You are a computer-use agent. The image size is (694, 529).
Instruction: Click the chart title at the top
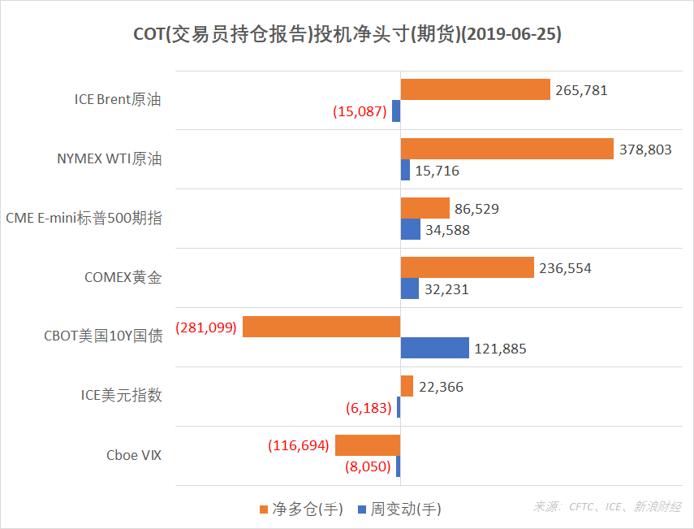tap(347, 35)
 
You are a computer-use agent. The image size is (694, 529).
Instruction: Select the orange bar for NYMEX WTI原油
tap(506, 149)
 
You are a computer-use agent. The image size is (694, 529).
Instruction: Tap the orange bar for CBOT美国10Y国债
tap(321, 327)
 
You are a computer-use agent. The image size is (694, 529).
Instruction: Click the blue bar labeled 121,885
tap(434, 348)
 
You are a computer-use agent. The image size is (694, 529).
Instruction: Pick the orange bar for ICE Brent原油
tap(475, 89)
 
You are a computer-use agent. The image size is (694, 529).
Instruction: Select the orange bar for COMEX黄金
tap(467, 267)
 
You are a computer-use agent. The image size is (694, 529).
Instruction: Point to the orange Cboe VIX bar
tap(368, 445)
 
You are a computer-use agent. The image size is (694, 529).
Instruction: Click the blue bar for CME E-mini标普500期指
tap(410, 229)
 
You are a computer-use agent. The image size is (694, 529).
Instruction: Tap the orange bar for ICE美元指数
tap(407, 386)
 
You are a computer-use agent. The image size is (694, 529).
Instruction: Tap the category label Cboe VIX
tap(134, 455)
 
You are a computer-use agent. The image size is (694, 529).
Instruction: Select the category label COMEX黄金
tap(123, 277)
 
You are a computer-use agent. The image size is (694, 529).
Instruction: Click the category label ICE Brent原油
tap(118, 99)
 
